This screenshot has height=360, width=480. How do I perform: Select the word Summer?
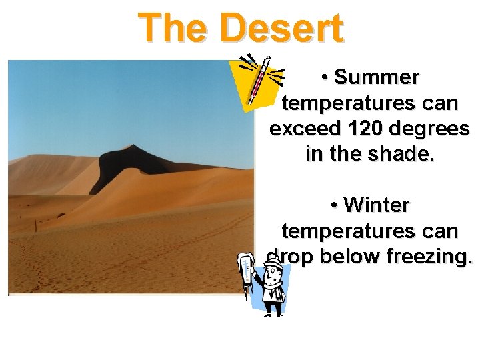coord(377,78)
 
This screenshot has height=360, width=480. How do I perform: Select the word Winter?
coord(377,205)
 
